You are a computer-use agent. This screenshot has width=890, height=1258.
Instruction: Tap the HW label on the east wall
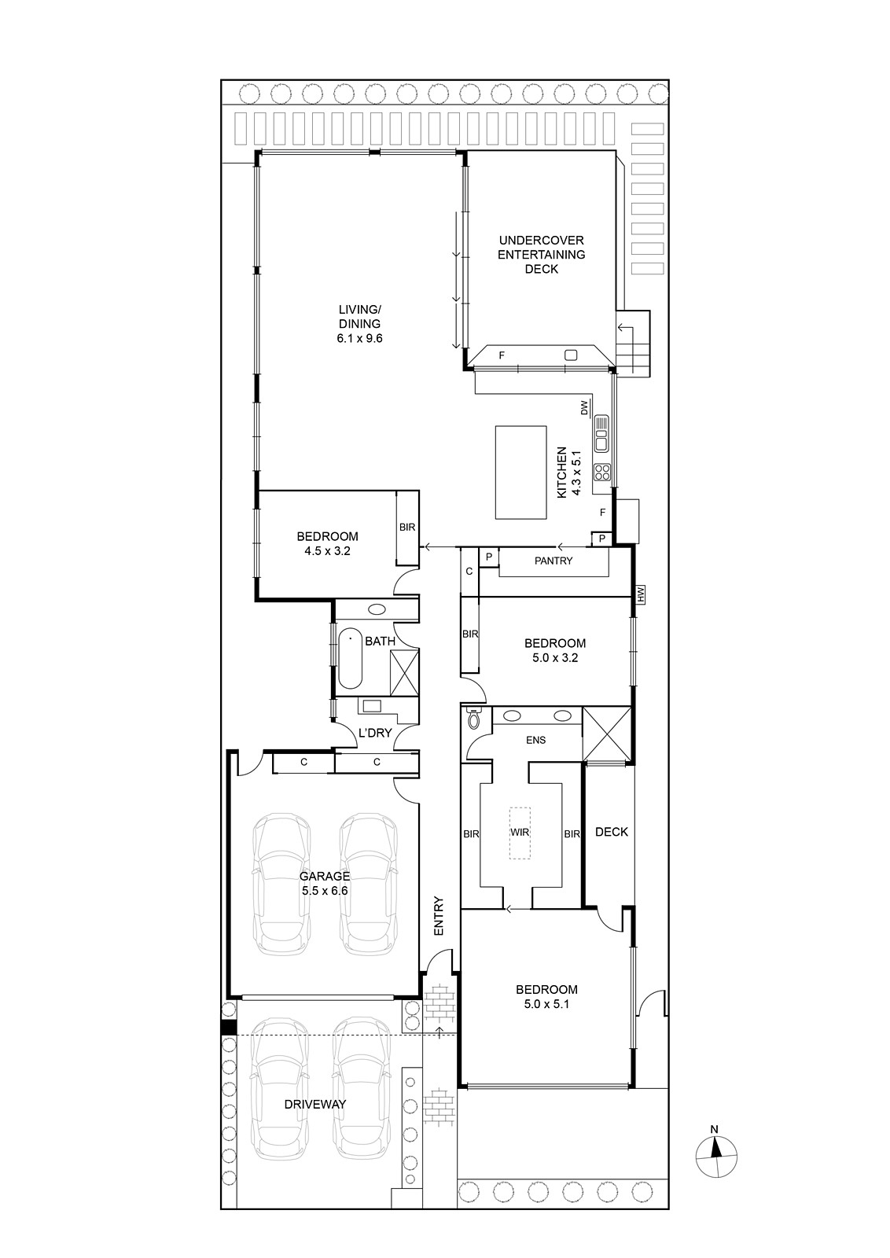coord(641,594)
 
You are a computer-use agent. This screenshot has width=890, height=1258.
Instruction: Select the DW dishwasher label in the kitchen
coord(584,408)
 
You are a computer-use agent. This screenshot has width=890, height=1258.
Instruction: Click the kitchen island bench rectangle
coord(520,472)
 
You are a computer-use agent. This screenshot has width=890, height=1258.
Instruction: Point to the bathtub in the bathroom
coord(351,657)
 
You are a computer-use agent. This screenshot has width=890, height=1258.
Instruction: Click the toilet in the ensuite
coord(473,719)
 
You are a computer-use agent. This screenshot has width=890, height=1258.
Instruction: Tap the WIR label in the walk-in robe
coord(520,833)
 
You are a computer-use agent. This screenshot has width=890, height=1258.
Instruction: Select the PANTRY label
coord(553,561)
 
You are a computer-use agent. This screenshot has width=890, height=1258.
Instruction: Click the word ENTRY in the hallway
coord(439,916)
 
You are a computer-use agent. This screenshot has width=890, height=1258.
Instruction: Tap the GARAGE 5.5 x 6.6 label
coord(325,884)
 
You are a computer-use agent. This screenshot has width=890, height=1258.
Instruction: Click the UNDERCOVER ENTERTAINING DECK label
coord(541,255)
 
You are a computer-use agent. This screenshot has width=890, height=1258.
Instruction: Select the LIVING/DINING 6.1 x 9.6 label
coord(359,323)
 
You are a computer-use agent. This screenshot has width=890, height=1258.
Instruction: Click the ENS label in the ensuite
coord(535,740)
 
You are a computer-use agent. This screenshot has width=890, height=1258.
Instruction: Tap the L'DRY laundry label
coord(375,732)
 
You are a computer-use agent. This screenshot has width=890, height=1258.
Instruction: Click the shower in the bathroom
coord(404,672)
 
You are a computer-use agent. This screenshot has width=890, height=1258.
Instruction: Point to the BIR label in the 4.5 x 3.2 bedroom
coord(407,528)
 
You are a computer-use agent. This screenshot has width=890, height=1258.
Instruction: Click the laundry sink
coord(372,706)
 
